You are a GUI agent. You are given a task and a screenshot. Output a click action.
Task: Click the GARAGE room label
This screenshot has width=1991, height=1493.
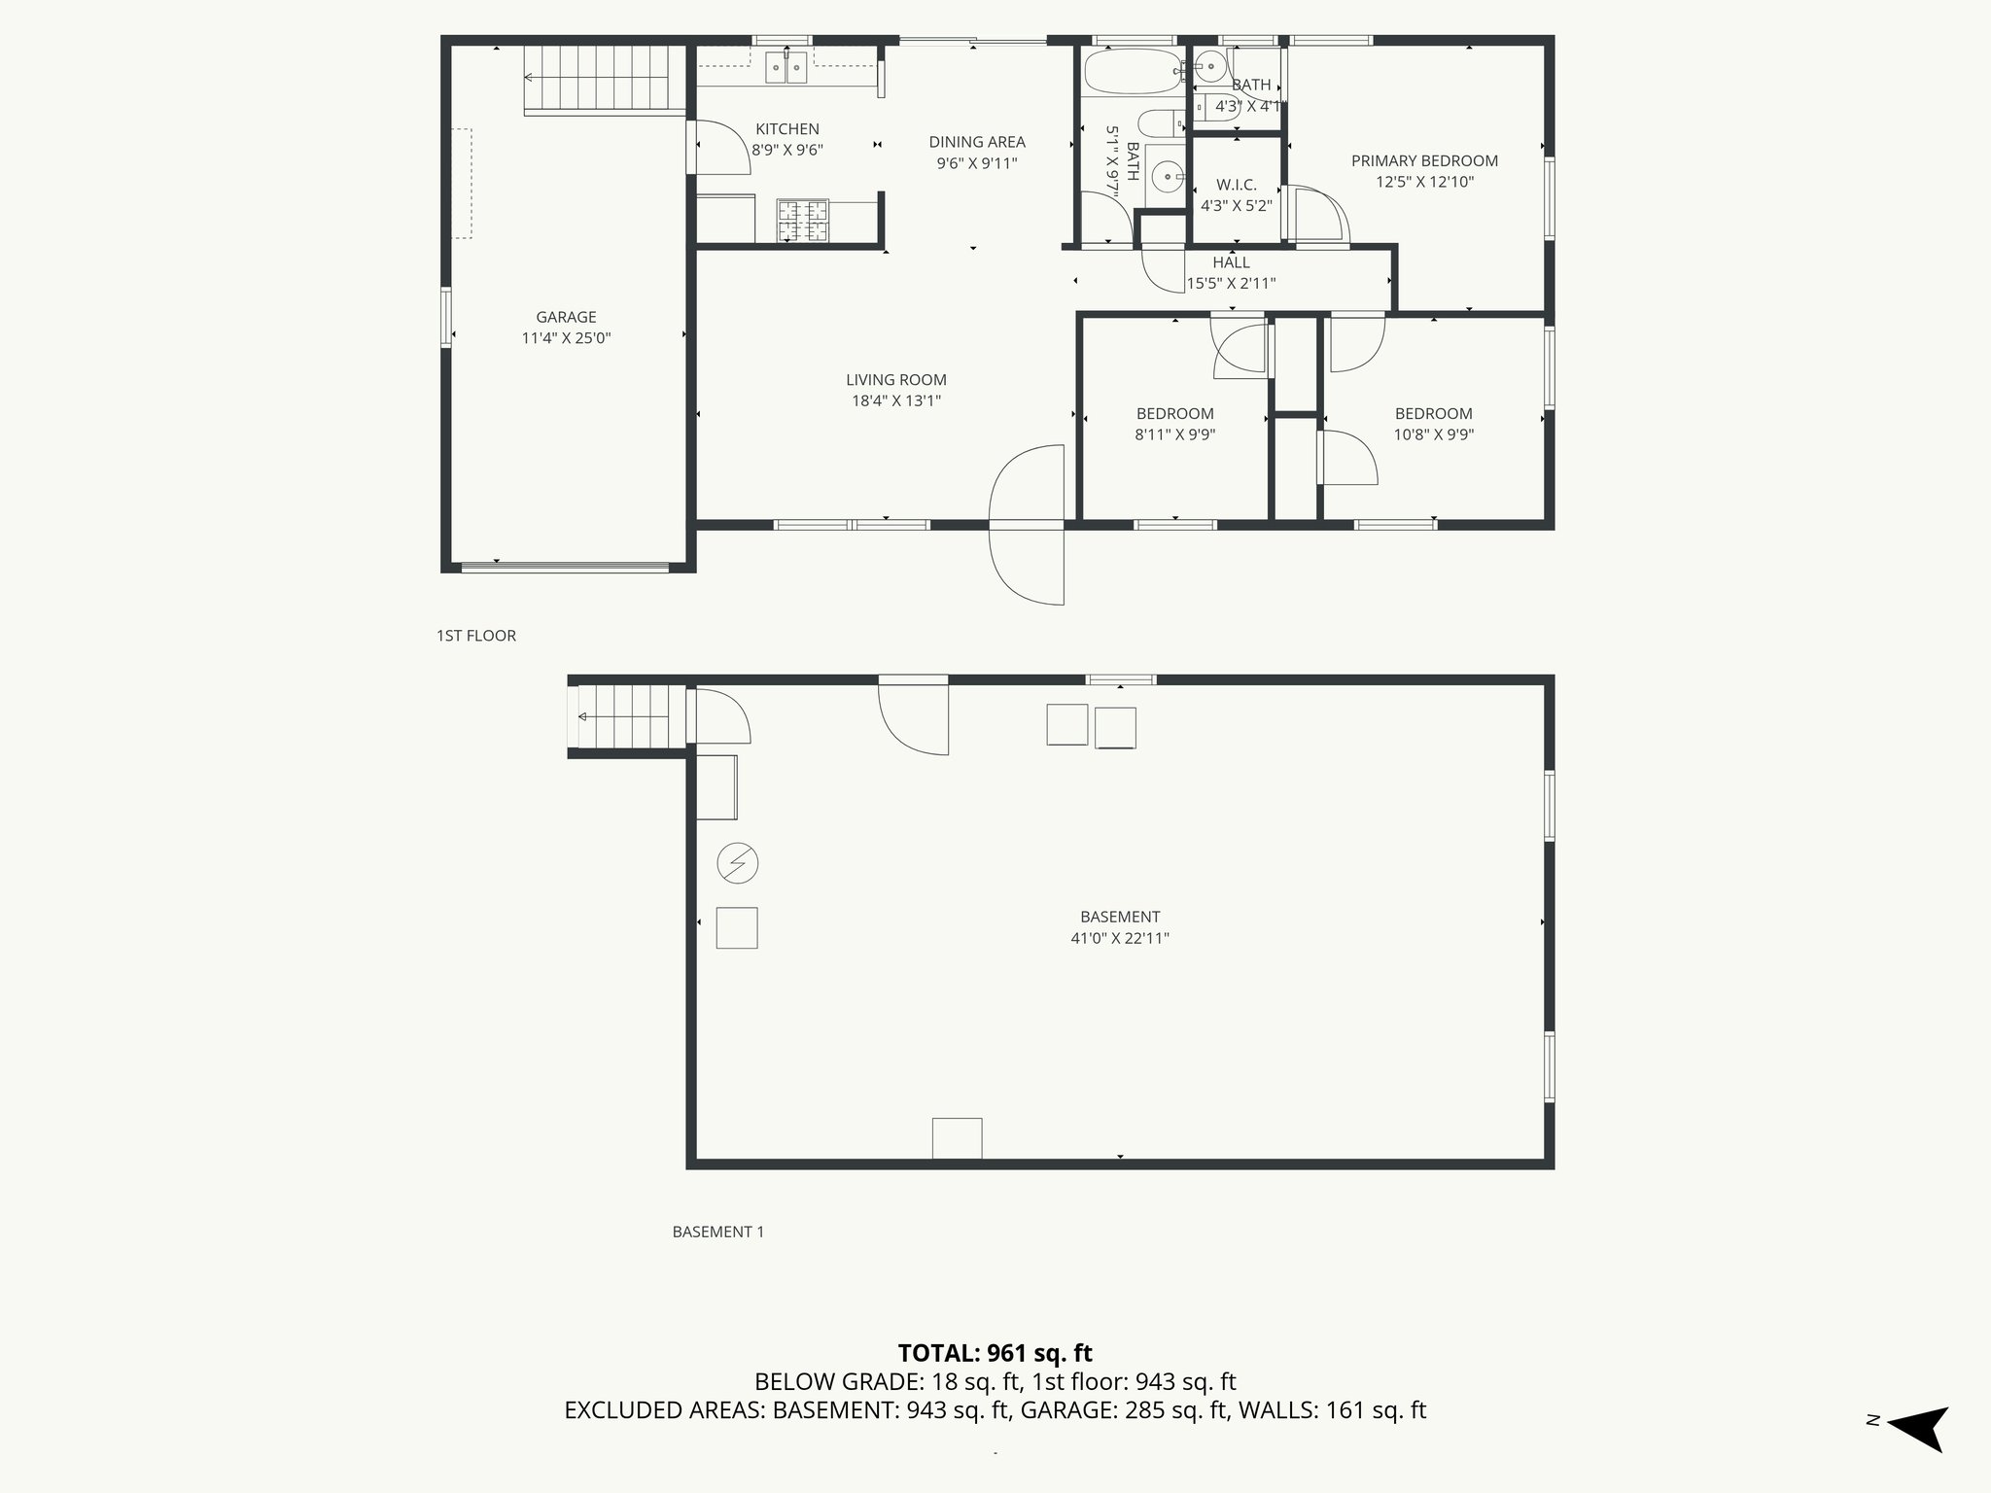pyautogui.click(x=566, y=317)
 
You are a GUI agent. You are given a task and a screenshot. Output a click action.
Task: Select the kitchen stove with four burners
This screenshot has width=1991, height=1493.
pyautogui.click(x=803, y=220)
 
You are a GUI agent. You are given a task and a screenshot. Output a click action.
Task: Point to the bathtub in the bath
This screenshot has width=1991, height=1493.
pyautogui.click(x=1131, y=71)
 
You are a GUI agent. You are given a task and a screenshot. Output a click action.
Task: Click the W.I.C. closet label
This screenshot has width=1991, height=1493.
pyautogui.click(x=1236, y=185)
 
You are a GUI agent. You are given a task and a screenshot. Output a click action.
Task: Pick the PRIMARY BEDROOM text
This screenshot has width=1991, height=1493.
pyautogui.click(x=1424, y=161)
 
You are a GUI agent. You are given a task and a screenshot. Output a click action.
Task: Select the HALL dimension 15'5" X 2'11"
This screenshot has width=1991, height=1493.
pyautogui.click(x=1231, y=284)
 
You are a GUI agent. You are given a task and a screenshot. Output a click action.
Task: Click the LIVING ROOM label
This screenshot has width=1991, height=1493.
pyautogui.click(x=895, y=380)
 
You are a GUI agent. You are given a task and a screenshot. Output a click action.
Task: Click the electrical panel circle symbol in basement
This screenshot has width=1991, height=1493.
pyautogui.click(x=737, y=862)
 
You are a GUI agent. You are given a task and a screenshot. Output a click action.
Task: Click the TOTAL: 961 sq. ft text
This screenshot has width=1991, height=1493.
pyautogui.click(x=995, y=1353)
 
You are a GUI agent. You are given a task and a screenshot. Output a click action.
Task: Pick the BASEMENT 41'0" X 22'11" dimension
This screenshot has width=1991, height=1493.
pyautogui.click(x=1119, y=939)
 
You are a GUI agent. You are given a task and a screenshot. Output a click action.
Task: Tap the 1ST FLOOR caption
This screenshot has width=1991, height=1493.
pyautogui.click(x=475, y=636)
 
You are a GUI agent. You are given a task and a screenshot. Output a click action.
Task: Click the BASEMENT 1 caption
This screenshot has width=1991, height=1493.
pyautogui.click(x=717, y=1232)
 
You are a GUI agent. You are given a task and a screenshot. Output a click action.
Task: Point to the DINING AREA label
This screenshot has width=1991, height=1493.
pyautogui.click(x=976, y=142)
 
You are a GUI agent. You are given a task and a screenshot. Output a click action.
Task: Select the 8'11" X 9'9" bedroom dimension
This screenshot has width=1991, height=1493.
pyautogui.click(x=1174, y=435)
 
